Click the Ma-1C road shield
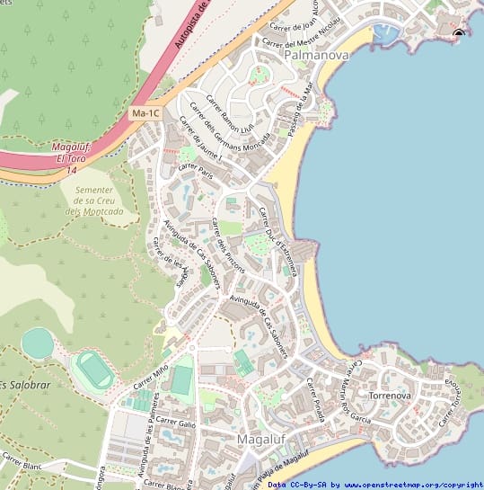click(145, 114)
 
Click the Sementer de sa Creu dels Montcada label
click(94, 199)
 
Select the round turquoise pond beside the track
click(38, 343)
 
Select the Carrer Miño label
click(150, 376)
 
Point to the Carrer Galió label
click(175, 421)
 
